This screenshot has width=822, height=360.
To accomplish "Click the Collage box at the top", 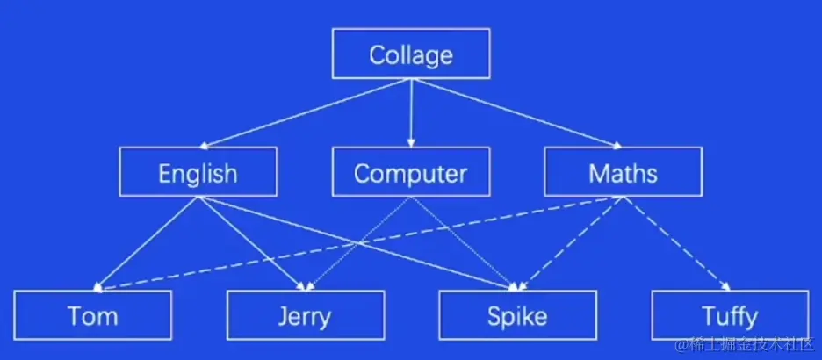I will click(410, 54).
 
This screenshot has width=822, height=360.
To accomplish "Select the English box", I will click(198, 172).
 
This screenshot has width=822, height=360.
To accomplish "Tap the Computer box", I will click(410, 172).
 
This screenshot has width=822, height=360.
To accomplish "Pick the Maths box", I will click(623, 172).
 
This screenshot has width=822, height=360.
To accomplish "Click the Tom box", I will click(92, 314).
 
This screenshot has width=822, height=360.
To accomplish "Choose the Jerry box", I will click(305, 314).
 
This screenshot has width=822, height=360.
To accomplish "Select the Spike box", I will click(518, 314).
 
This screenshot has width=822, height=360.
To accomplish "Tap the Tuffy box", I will click(730, 314).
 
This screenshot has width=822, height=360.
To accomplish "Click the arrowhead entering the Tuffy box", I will click(725, 285).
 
